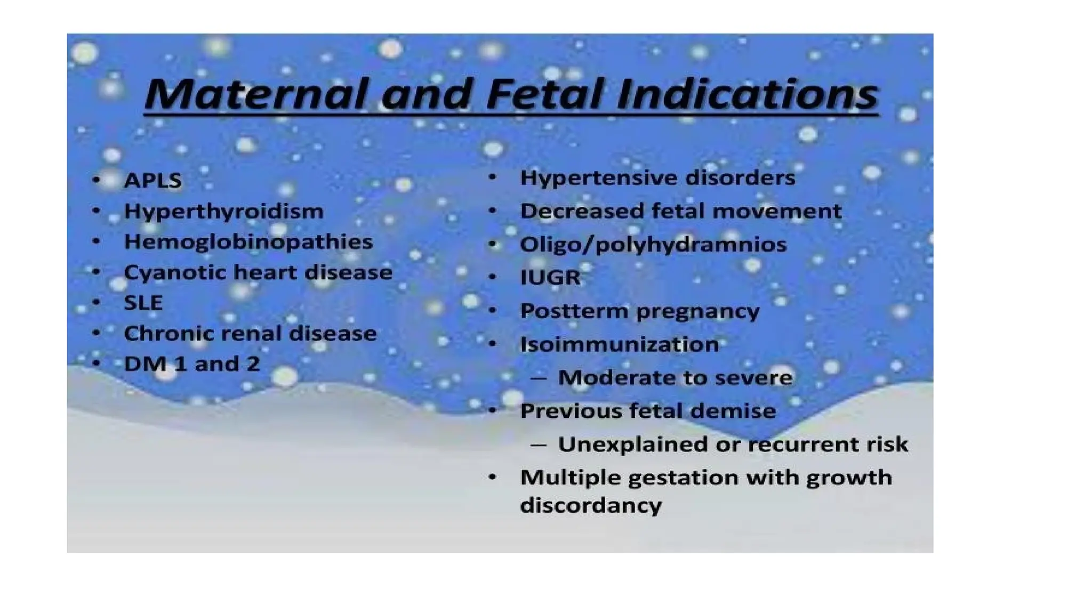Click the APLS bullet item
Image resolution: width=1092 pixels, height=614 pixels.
pyautogui.click(x=152, y=181)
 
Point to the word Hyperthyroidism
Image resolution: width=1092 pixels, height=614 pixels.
pyautogui.click(x=223, y=212)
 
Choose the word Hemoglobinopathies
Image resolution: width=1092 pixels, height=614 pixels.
pyautogui.click(x=248, y=242)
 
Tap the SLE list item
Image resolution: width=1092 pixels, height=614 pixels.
pyautogui.click(x=143, y=303)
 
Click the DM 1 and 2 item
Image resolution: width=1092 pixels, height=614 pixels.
pyautogui.click(x=191, y=364)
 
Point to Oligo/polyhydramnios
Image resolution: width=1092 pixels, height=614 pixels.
pyautogui.click(x=653, y=245)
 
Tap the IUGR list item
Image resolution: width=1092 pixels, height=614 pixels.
pyautogui.click(x=550, y=277)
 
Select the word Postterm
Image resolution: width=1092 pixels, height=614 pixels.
pyautogui.click(x=574, y=311)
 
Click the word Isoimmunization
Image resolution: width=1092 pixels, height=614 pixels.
pyautogui.click(x=619, y=344)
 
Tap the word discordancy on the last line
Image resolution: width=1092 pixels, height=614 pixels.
pyautogui.click(x=590, y=505)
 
